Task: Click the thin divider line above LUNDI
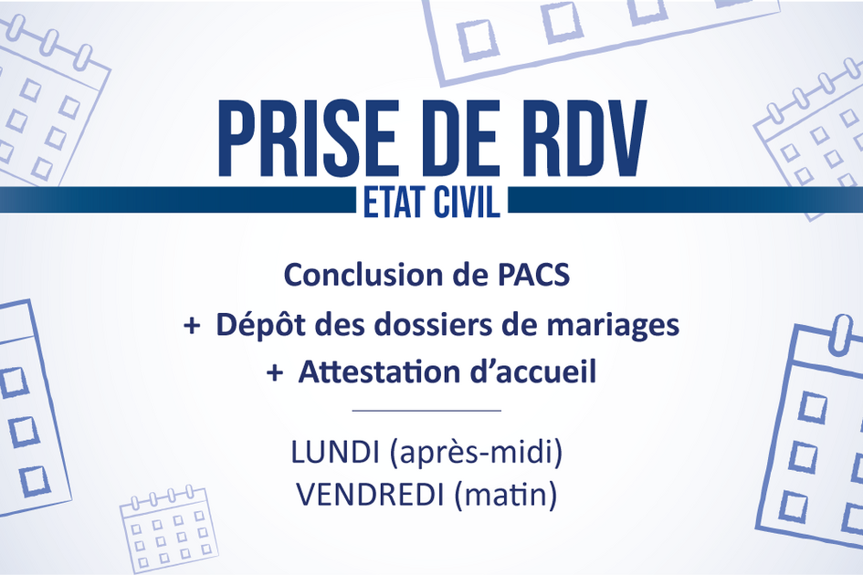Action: coord(426,411)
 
